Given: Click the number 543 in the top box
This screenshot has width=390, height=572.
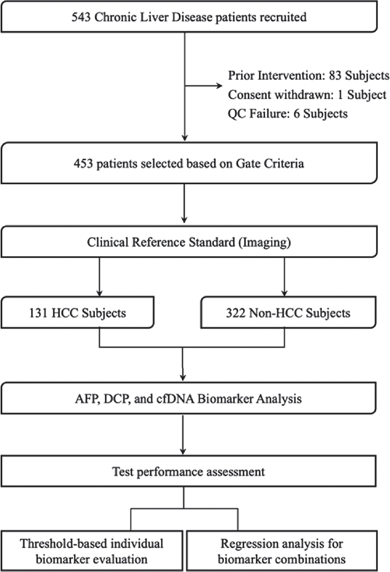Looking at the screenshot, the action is pos(81,17).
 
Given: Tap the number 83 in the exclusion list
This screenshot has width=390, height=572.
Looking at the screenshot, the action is pos(335,76).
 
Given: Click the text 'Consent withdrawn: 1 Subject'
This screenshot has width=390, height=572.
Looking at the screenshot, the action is pos(307,95).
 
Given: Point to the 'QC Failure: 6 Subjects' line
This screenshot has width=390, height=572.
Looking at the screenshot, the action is pos(288,113).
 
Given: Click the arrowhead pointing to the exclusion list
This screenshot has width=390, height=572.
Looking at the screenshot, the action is pos(220,86).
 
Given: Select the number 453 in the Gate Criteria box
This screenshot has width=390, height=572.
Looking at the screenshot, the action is pos(83,163).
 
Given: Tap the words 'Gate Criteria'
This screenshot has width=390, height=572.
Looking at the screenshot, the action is pos(270,163).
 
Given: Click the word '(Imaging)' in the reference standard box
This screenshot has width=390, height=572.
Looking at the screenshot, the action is pos(264,242).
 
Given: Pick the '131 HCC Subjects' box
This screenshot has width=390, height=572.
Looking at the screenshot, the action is pos(77,312).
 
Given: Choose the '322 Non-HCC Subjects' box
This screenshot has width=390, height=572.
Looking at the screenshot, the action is pos(288,312).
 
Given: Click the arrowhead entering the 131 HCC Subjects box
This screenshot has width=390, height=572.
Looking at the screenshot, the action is pos(99,293).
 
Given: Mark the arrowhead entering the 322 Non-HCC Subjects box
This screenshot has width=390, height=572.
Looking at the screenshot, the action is pos(285,293).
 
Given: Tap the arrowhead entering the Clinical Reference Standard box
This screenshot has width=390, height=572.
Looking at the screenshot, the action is pos(184,220).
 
